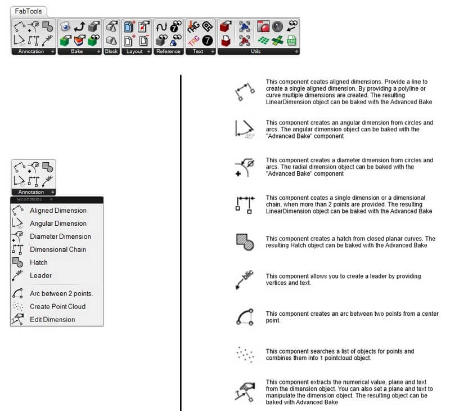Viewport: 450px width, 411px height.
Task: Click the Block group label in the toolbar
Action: click(x=111, y=51)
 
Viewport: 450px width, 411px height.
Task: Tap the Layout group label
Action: click(x=134, y=51)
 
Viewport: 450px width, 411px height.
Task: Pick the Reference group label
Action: click(x=168, y=51)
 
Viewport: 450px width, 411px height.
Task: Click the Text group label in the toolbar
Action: click(x=198, y=51)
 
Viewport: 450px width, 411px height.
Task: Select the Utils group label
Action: click(x=256, y=51)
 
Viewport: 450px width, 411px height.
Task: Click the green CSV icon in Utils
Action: click(x=291, y=41)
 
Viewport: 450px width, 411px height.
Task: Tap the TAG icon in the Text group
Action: click(x=194, y=41)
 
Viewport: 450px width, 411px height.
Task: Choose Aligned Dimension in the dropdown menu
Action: click(x=58, y=211)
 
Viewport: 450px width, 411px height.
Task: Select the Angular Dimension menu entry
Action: click(x=58, y=224)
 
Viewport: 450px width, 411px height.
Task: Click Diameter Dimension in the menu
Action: click(x=60, y=236)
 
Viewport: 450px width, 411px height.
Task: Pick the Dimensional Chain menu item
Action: click(x=58, y=249)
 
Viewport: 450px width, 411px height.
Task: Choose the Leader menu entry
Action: click(x=40, y=275)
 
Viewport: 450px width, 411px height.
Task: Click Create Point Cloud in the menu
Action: click(x=57, y=306)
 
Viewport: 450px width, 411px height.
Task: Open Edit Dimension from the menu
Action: click(x=52, y=319)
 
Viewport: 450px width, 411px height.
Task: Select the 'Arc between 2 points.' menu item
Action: click(x=61, y=293)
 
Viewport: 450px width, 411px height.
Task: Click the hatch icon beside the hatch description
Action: click(x=245, y=241)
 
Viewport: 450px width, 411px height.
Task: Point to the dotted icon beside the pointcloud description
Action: click(x=245, y=354)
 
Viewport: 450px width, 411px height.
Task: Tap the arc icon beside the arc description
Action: click(x=245, y=316)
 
